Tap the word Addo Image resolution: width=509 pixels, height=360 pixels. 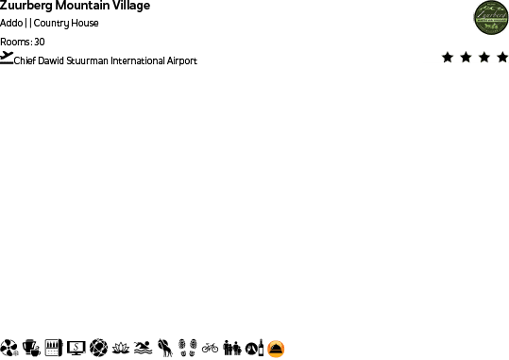click(11, 24)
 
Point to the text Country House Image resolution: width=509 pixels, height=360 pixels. click(66, 24)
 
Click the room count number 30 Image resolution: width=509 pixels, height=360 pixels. click(40, 42)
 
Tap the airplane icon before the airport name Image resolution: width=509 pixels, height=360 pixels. click(8, 57)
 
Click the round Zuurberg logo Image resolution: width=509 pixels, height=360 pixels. click(491, 17)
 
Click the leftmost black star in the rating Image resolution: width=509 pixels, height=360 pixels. click(447, 58)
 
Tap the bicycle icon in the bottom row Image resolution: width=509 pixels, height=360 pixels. click(210, 348)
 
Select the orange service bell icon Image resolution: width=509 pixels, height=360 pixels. click(276, 348)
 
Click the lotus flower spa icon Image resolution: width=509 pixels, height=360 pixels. click(120, 348)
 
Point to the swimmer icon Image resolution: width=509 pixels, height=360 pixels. click(143, 348)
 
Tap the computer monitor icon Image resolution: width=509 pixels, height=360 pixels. click(76, 348)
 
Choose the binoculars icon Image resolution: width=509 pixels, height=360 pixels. click(232, 348)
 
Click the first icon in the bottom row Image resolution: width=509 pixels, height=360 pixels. click(8, 348)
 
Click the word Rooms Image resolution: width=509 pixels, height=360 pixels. click(14, 42)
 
